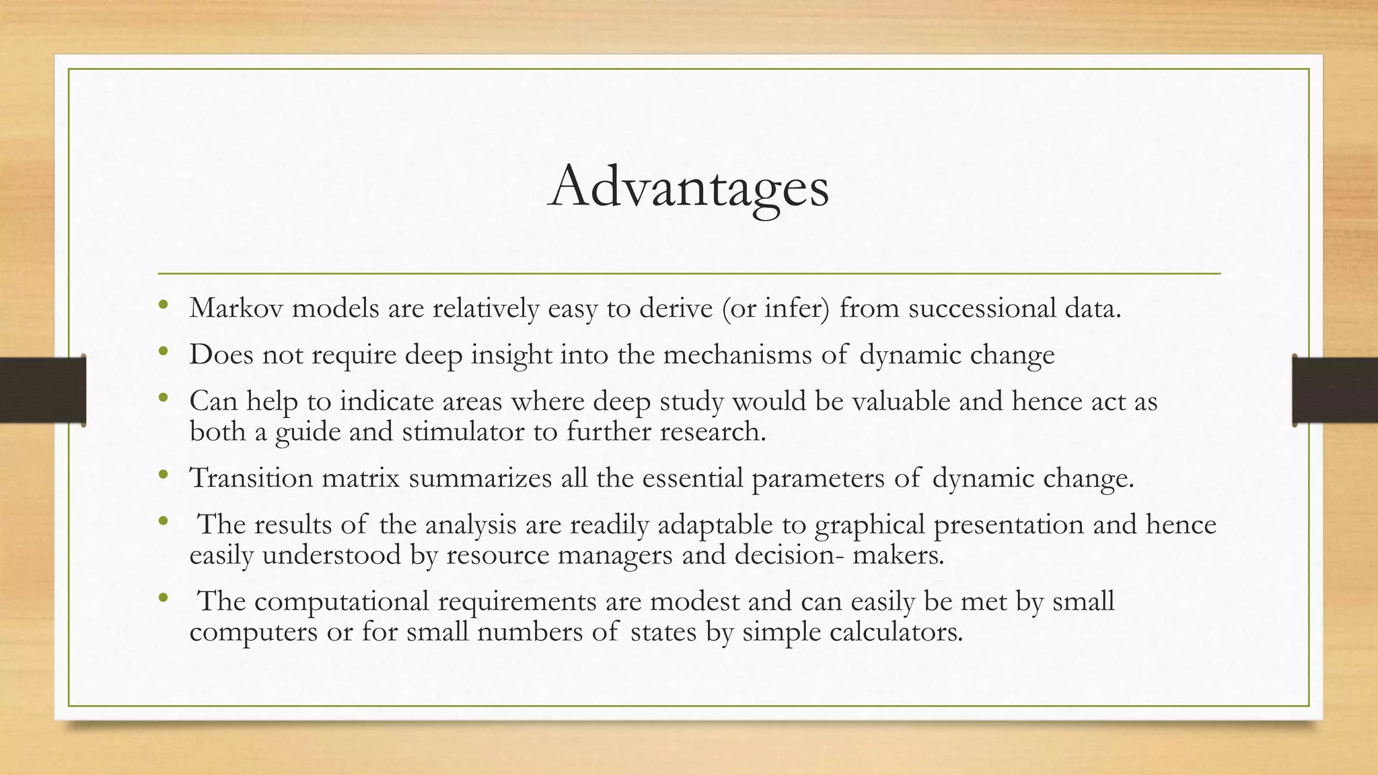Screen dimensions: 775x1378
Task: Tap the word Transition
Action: point(251,478)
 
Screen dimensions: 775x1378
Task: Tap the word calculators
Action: point(896,632)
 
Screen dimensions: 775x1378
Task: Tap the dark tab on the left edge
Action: point(42,390)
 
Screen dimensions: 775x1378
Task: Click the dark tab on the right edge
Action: point(1335,390)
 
